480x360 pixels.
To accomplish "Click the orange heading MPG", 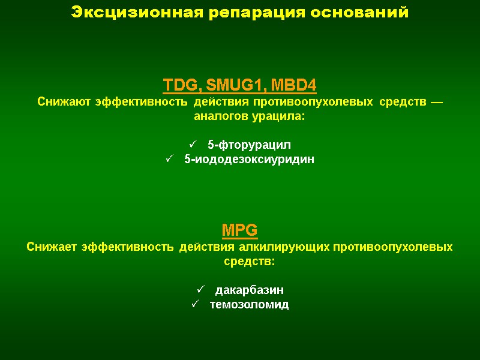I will (x=240, y=230).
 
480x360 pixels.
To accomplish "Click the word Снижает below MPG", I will (x=52, y=247).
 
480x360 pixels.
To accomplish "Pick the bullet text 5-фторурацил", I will (x=249, y=145).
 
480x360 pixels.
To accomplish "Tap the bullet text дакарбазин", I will (x=249, y=290).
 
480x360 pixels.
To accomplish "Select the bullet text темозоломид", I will (x=249, y=305).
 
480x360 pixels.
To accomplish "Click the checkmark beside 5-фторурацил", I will (x=193, y=145).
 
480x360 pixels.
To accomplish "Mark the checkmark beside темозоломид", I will (x=194, y=305).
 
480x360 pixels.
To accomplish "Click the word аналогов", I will (x=222, y=116).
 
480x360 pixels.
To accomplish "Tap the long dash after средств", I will (x=436, y=102).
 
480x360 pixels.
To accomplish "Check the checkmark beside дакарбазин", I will (x=200, y=290).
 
